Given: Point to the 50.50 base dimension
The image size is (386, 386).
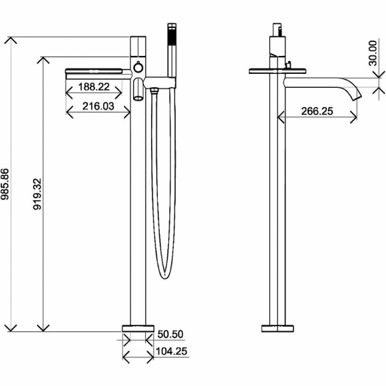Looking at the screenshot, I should [169, 335].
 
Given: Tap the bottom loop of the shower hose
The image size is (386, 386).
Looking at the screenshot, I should [162, 272].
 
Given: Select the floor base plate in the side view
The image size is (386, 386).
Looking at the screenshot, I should [277, 327].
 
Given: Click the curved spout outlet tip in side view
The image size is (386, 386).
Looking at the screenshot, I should [354, 95].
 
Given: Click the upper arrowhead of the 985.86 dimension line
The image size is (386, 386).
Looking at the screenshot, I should [10, 40].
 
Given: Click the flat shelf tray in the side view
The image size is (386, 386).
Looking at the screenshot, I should [277, 69].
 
